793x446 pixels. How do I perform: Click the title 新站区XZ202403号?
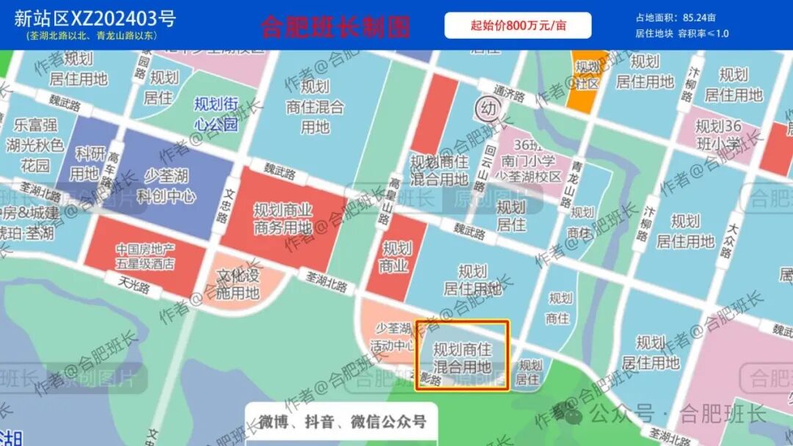95,18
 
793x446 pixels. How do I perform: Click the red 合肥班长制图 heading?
335,27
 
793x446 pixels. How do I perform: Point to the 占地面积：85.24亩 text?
676,18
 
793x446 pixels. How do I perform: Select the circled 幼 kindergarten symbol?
487,109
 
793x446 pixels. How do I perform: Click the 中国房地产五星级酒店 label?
145,256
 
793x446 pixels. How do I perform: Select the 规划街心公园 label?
216,114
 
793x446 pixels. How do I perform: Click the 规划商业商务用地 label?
283,219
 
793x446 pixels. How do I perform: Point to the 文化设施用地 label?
239,285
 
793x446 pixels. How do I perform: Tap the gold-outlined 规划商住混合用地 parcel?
462,357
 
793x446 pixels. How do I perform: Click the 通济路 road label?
510,96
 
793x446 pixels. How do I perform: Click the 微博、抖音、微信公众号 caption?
342,422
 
